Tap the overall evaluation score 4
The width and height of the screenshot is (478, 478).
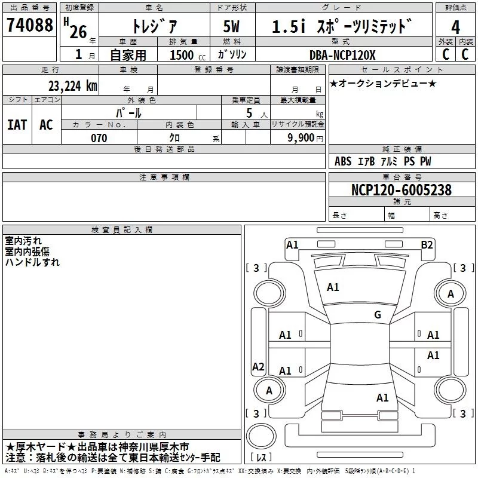[455, 27]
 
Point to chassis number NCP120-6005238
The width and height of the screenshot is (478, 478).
[402, 190]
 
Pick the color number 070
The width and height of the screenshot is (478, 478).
[99, 138]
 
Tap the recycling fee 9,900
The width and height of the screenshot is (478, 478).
[301, 138]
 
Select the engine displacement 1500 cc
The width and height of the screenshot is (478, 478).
[186, 55]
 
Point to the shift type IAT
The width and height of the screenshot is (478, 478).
[17, 124]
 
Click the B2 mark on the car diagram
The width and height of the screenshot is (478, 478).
[427, 244]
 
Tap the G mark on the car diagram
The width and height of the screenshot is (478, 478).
[377, 315]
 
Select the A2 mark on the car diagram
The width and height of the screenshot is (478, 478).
[258, 367]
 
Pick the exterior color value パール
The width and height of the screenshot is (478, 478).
[128, 113]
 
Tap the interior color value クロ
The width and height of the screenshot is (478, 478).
[175, 138]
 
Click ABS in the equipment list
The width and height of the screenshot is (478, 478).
[343, 161]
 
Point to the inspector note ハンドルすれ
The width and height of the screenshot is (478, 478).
[33, 262]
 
